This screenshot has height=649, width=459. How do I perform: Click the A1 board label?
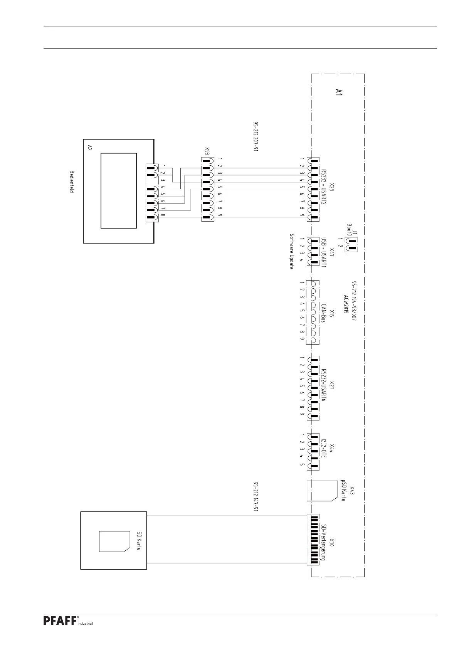[339, 92]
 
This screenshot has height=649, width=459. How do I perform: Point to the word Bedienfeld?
[72, 182]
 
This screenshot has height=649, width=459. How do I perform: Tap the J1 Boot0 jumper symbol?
[351, 242]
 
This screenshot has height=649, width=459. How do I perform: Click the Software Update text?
[292, 251]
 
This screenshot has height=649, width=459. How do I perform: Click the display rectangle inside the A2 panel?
[119, 190]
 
